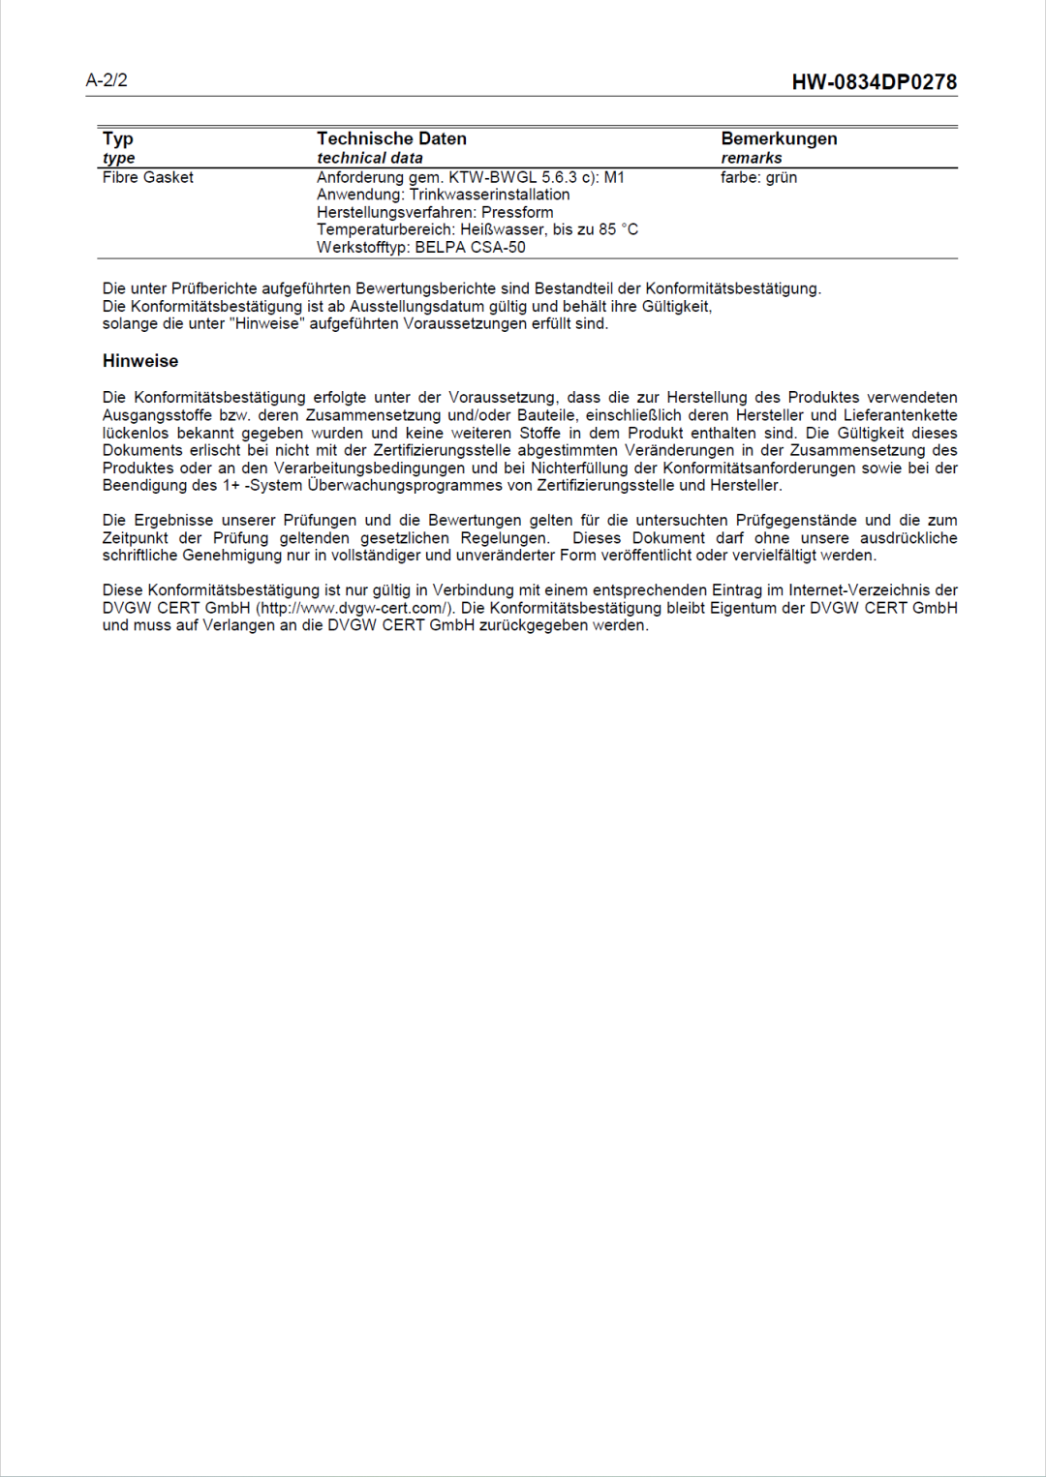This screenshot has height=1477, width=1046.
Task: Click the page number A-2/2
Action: (107, 80)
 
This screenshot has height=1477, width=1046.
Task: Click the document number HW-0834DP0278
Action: (874, 82)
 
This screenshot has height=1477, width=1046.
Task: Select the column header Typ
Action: (118, 138)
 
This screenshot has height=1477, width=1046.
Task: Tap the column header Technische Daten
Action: (391, 138)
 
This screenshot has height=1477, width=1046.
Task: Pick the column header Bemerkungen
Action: (779, 138)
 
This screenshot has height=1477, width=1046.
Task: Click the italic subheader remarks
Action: (751, 158)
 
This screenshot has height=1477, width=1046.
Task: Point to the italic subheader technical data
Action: (369, 158)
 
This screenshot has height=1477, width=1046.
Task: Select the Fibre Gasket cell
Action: (148, 177)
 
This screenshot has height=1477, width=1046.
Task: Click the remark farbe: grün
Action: (758, 177)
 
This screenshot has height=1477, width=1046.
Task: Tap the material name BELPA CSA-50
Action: (470, 247)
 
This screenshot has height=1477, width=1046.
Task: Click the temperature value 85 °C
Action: (618, 229)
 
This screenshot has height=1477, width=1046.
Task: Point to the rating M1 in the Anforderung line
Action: (614, 177)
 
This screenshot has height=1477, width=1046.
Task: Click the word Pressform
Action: (517, 212)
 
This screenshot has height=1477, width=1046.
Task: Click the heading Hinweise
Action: (140, 361)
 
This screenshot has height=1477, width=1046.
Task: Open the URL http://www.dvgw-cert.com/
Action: (354, 608)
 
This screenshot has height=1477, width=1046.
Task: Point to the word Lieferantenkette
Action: (900, 415)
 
